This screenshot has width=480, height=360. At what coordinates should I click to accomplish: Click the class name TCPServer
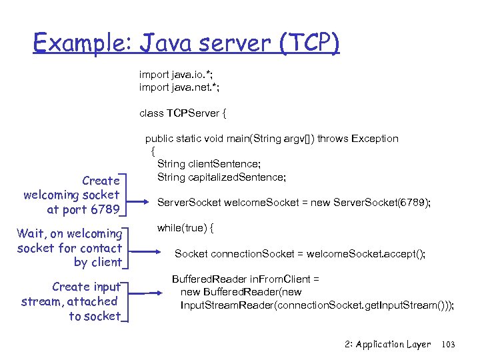pyautogui.click(x=193, y=113)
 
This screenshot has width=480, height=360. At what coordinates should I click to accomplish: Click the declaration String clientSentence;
pyautogui.click(x=209, y=164)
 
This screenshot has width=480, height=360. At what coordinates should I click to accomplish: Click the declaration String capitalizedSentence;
pyautogui.click(x=221, y=177)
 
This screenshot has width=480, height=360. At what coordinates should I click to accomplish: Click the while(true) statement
pyautogui.click(x=185, y=228)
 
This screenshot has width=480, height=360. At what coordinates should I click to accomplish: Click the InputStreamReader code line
pyautogui.click(x=317, y=305)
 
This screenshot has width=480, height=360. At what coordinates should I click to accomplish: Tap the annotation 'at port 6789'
pyautogui.click(x=83, y=210)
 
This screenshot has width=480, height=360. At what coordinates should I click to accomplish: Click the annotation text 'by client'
pyautogui.click(x=97, y=262)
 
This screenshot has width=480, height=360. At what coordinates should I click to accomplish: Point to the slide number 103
pyautogui.click(x=448, y=345)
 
